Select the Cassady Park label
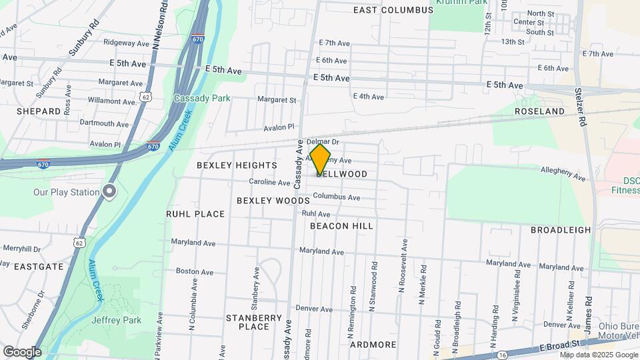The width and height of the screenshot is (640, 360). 202,98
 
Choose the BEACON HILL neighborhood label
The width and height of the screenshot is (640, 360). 341,226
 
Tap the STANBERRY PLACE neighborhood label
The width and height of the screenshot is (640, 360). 253,322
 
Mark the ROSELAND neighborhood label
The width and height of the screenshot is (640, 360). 539,111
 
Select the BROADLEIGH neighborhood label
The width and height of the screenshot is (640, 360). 561,230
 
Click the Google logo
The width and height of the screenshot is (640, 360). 22,352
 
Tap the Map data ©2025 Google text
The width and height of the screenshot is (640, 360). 598,355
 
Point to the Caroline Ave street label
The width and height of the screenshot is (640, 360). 269,182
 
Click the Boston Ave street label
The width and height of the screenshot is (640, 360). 193,271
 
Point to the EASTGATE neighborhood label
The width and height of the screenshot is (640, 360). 39,266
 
